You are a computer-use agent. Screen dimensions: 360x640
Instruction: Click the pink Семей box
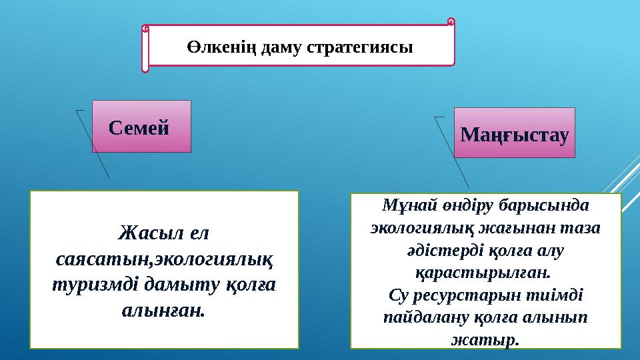pos(141,126)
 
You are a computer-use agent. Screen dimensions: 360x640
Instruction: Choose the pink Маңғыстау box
pos(515,133)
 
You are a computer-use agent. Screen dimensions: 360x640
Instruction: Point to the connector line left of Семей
pos(93,143)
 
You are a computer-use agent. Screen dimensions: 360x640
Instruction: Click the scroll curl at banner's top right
pos(451,23)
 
